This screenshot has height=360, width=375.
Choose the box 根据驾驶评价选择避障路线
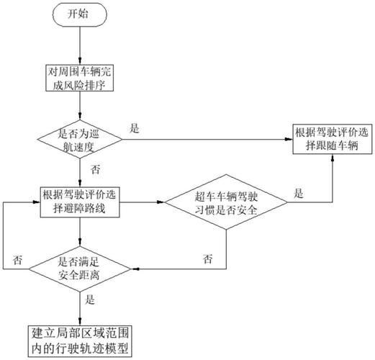78,201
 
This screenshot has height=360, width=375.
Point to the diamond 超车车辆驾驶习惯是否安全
226,201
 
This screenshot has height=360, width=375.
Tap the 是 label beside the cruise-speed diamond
135,127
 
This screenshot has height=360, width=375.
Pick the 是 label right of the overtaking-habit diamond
299,194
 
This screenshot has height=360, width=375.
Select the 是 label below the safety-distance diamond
91,299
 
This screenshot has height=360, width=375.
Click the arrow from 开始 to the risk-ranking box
78,47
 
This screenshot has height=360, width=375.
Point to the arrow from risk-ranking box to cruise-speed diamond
78,107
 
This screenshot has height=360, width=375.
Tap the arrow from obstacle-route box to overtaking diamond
143,202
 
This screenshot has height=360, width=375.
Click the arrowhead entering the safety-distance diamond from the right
134,268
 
